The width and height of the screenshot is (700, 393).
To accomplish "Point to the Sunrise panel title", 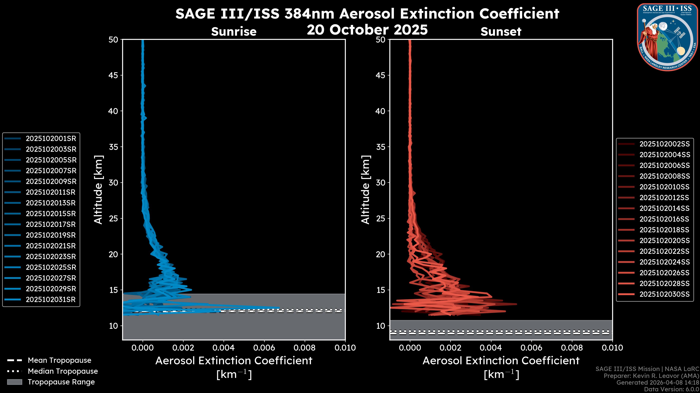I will (234, 32).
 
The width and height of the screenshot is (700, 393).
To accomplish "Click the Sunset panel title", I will (501, 32).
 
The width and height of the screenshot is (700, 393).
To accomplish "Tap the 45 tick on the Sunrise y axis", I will (114, 75).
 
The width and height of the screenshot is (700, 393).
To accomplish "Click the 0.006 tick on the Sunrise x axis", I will (264, 348).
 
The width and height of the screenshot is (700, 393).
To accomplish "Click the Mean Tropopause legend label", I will (59, 360).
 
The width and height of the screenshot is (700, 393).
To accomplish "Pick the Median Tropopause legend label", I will (63, 371).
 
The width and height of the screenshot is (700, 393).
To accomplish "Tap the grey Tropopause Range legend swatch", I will (14, 382).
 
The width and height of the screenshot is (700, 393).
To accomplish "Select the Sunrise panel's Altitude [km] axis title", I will (98, 190).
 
